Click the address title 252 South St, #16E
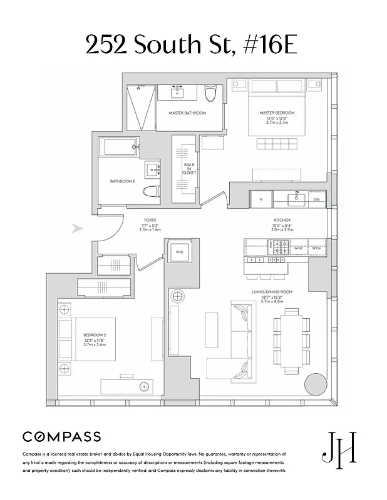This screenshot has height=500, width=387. pyautogui.click(x=192, y=45)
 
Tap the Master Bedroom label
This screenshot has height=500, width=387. pyautogui.click(x=277, y=113)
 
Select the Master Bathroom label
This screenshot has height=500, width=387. pyautogui.click(x=187, y=113)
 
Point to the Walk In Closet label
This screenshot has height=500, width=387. pyautogui.click(x=189, y=167)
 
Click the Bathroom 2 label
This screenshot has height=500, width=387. pyautogui.click(x=123, y=181)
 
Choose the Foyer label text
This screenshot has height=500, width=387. pyautogui.click(x=150, y=221)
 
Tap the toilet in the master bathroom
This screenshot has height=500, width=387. pyautogui.click(x=210, y=94)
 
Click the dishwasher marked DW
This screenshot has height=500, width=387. pyautogui.click(x=317, y=200)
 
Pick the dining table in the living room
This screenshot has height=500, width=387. pyautogui.click(x=291, y=341)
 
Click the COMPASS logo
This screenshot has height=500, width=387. pyautogui.click(x=61, y=436)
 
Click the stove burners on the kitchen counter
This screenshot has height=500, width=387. pyautogui.click(x=276, y=249)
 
